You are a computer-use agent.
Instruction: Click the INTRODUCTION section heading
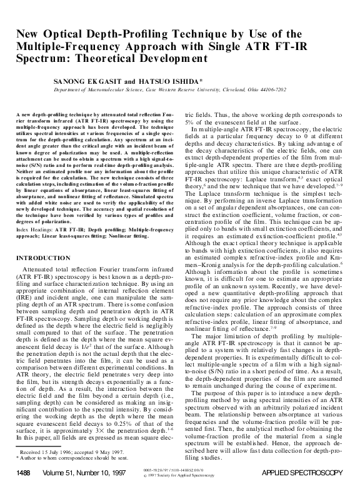tap(44, 275)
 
